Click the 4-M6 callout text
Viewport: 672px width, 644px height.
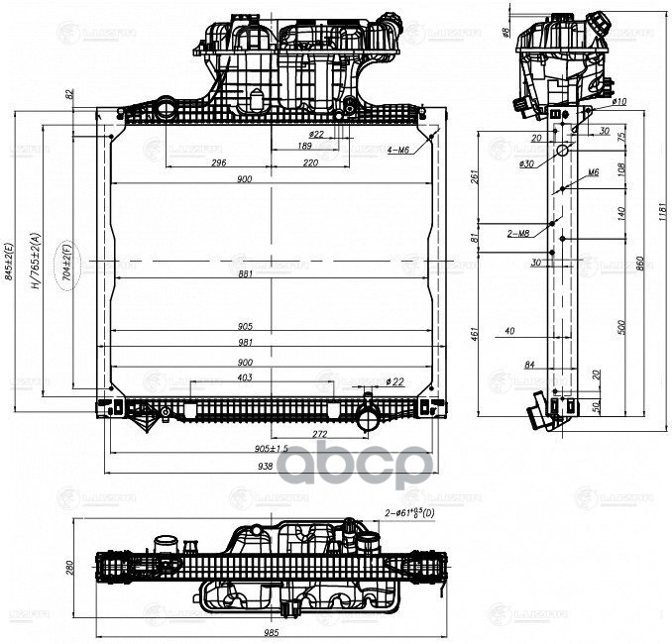coord(399,150)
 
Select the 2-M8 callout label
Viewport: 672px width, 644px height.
coord(518,235)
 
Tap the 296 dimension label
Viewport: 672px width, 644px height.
coord(219,162)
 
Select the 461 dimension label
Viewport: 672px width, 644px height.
coord(476,333)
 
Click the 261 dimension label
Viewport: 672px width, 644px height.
coord(476,178)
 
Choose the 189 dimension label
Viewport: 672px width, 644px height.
coord(305,146)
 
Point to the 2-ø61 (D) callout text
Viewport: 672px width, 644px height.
coord(408,512)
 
